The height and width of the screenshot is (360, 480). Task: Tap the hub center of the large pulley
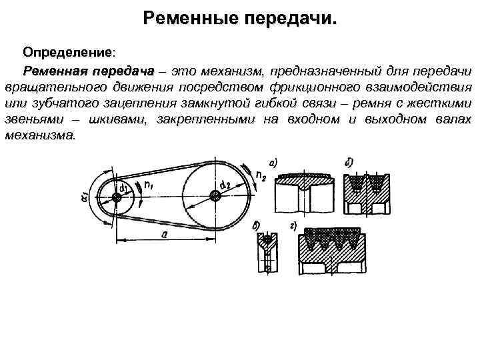(x=214, y=195)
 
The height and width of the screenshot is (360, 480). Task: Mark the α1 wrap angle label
(x=85, y=198)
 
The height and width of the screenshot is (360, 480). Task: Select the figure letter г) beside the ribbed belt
(x=294, y=227)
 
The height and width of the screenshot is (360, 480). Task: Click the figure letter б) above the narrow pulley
(x=257, y=227)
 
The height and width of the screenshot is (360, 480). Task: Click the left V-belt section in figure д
(x=357, y=181)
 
